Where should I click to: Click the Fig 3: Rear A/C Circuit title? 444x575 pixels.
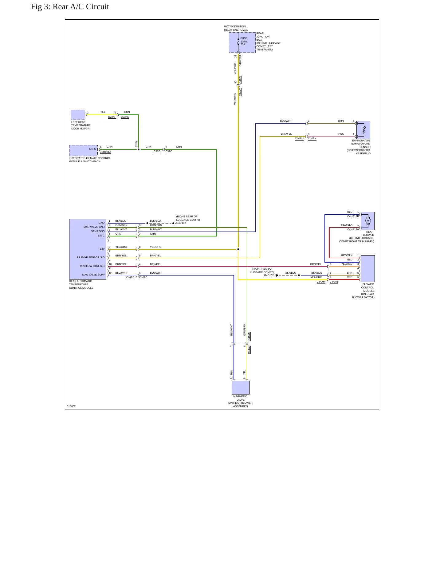[x=70, y=7]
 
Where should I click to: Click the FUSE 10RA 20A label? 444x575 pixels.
[x=244, y=42]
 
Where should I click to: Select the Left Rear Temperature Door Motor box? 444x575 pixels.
[x=78, y=115]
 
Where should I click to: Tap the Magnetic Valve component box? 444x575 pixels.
[x=241, y=387]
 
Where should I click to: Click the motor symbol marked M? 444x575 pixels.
[x=368, y=221]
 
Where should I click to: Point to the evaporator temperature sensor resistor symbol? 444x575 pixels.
[x=364, y=130]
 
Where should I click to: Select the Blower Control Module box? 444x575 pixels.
[x=368, y=268]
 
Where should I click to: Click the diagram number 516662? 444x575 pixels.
[x=71, y=406]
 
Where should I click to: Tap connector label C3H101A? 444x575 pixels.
[x=105, y=152]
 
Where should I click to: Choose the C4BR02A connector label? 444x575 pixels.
[x=240, y=61]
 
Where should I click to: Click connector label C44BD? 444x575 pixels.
[x=130, y=277]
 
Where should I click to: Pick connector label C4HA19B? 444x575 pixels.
[x=353, y=216]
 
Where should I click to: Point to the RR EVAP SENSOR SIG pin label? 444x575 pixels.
[x=91, y=257]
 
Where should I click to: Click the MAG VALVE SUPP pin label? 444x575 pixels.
[x=93, y=275]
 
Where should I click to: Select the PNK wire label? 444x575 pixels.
[x=341, y=134]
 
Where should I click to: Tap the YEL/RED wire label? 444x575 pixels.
[x=347, y=264]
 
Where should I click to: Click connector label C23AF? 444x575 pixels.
[x=112, y=117]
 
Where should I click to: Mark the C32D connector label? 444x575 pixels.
[x=157, y=151]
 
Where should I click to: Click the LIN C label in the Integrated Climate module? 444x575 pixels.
[x=93, y=149]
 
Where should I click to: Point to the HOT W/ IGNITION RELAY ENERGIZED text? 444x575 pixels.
[x=236, y=28]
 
